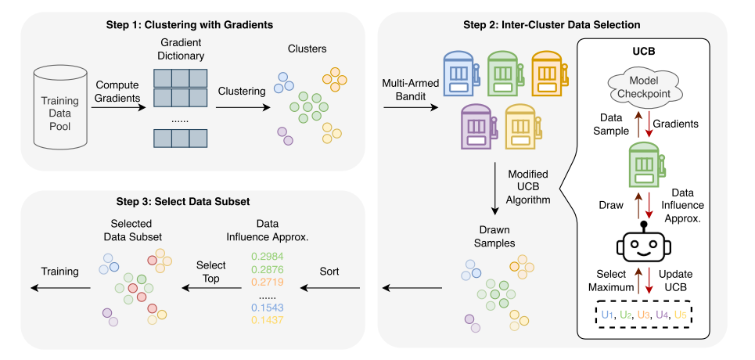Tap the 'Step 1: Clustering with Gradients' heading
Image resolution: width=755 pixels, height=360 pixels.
[x=189, y=25]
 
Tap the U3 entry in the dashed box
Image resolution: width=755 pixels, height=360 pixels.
[x=644, y=314]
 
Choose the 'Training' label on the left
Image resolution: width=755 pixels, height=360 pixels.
[x=59, y=272]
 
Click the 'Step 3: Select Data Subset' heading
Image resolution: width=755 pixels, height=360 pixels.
[x=189, y=201]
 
